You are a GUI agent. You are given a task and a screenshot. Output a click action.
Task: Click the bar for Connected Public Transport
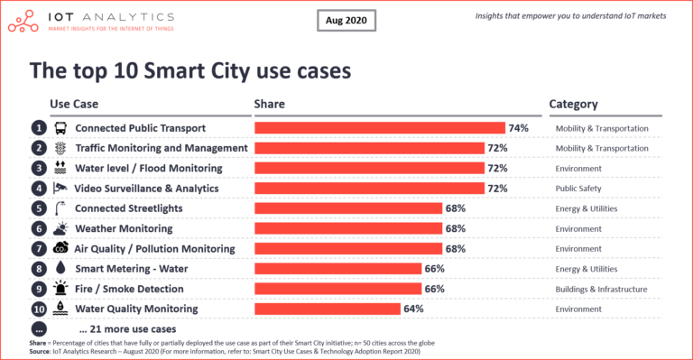tap(379, 128)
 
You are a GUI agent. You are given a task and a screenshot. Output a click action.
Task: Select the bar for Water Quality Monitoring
tap(328, 309)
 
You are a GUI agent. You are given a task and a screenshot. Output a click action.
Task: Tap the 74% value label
tap(518, 128)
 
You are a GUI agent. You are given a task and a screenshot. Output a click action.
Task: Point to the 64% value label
tap(413, 309)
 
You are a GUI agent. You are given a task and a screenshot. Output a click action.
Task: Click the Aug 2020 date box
tap(346, 20)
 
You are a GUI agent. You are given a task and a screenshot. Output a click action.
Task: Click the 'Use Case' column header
tap(73, 104)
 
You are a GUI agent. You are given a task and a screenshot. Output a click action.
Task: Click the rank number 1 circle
tap(38, 128)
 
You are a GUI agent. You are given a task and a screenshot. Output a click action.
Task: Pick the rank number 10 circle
tap(38, 309)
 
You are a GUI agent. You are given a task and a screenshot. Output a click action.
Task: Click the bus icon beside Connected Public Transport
tap(60, 128)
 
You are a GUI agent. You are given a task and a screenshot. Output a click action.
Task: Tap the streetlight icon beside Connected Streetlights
tap(60, 208)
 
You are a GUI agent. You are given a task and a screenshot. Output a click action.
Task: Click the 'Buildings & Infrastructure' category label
tap(601, 289)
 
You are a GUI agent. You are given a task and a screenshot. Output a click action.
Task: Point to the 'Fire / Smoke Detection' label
tap(129, 289)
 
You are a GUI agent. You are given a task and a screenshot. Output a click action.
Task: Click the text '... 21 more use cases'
tap(127, 328)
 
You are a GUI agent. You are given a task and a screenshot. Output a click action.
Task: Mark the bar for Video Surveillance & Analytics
tap(369, 188)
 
